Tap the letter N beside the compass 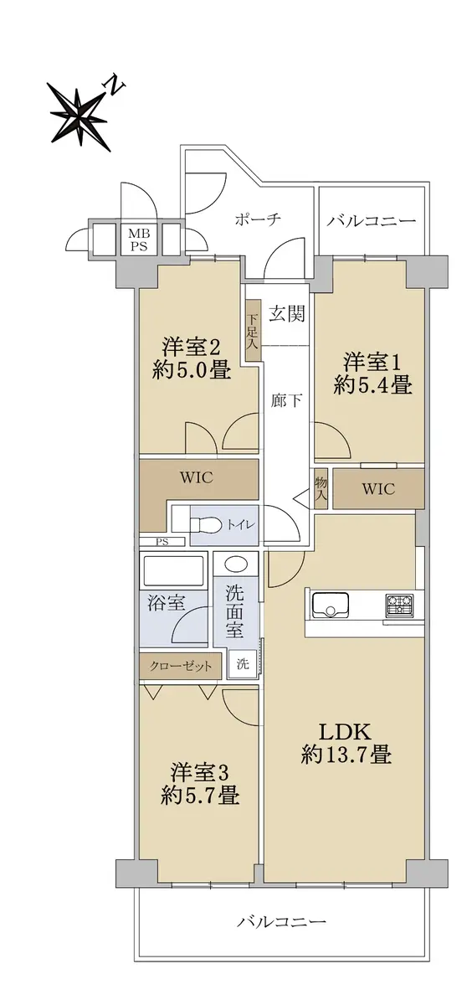tap(115, 86)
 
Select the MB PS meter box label tap(138, 240)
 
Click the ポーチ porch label tap(258, 219)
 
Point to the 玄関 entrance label tap(287, 313)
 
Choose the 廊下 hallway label tap(285, 400)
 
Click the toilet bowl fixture tap(205, 525)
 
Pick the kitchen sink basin tap(331, 605)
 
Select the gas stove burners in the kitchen tap(398, 604)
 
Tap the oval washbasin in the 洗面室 tap(236, 564)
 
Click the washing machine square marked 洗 tap(243, 664)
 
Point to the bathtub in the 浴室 tap(174, 571)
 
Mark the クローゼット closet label tap(180, 667)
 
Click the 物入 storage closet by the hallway tap(321, 488)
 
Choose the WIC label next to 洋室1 tap(378, 488)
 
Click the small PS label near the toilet tap(162, 542)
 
